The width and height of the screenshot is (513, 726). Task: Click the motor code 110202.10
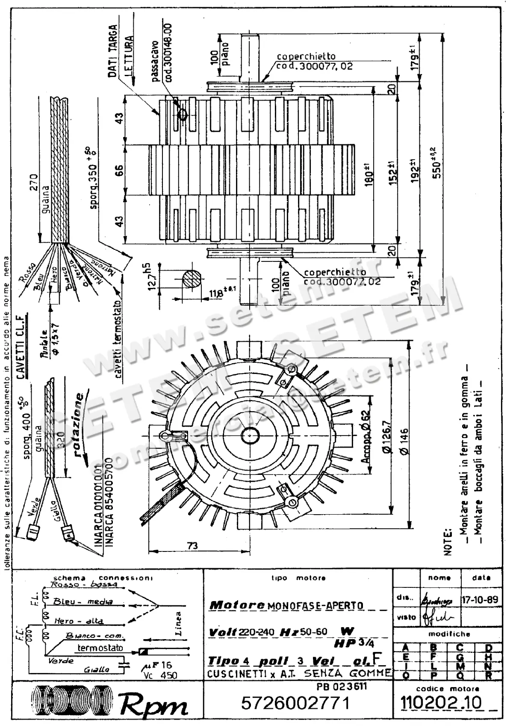440,702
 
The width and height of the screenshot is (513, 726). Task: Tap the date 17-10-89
480,599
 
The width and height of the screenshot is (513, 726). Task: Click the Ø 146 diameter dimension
404,441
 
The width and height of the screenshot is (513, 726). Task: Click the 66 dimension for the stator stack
120,170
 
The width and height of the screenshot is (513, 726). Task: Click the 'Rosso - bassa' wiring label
84,584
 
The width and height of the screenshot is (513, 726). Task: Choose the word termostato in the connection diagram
100,648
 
